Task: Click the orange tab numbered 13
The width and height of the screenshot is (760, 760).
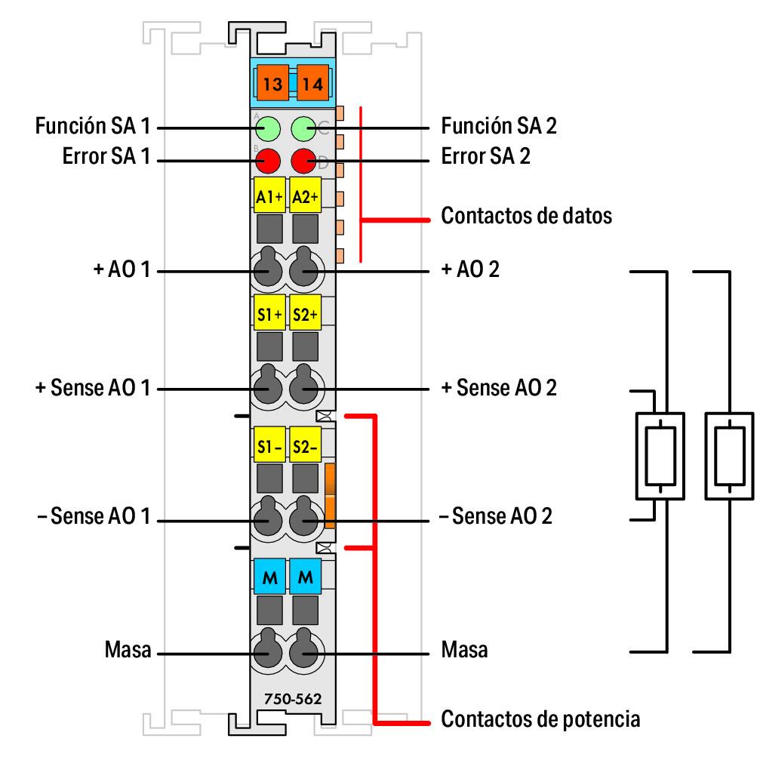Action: point(272,84)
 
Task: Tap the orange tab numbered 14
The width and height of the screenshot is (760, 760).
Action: point(311,84)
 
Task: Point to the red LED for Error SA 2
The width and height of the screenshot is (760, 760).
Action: point(303,160)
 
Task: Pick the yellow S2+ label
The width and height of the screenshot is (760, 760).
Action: point(305,314)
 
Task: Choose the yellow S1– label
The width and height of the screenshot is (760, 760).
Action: point(268,446)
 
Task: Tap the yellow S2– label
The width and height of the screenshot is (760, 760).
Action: point(305,446)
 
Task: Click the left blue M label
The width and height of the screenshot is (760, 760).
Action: point(268,577)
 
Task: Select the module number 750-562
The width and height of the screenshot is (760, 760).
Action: point(292,699)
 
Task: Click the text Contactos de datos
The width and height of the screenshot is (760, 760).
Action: point(526,216)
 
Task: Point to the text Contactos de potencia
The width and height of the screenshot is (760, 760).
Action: point(540,718)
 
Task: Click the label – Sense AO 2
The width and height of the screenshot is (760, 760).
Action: point(496,517)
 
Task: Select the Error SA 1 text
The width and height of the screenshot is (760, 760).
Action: point(107,157)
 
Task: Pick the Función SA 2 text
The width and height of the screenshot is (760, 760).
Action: point(499,125)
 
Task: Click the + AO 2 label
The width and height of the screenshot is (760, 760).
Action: point(469,269)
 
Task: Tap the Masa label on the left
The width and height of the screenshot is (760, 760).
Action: point(128,650)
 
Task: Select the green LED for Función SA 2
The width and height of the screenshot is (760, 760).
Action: point(303,129)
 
